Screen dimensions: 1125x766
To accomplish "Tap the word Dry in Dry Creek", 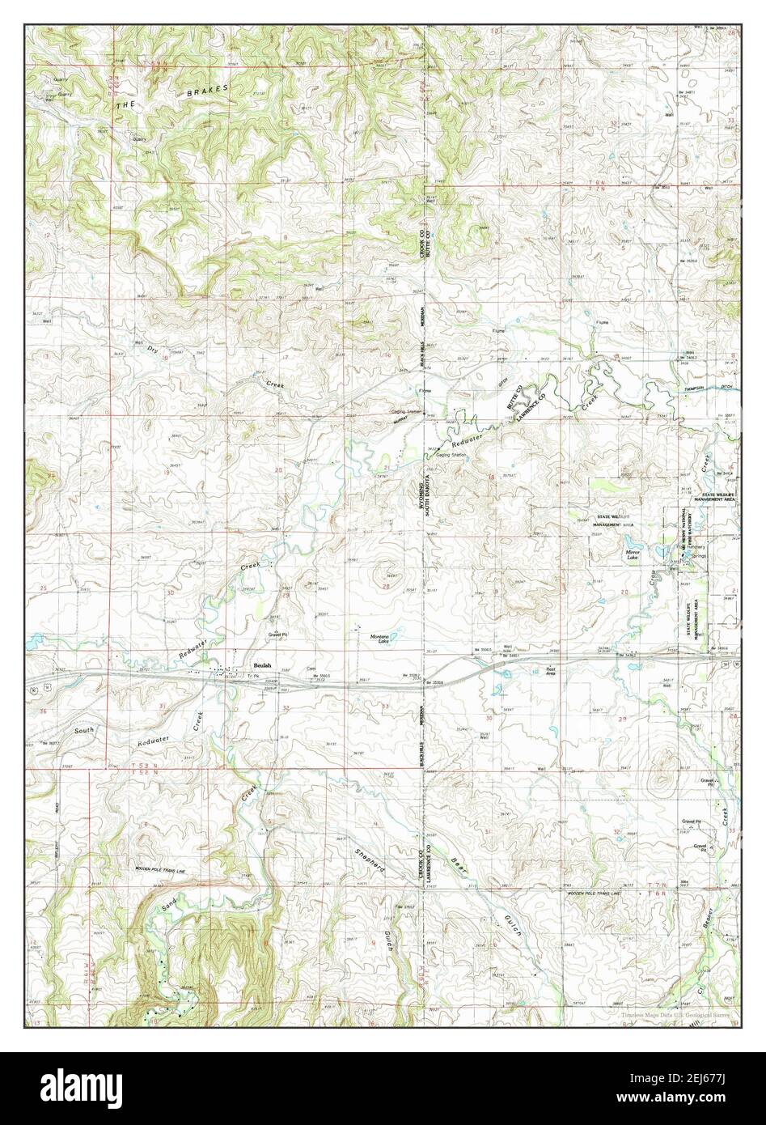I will point(153,350).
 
